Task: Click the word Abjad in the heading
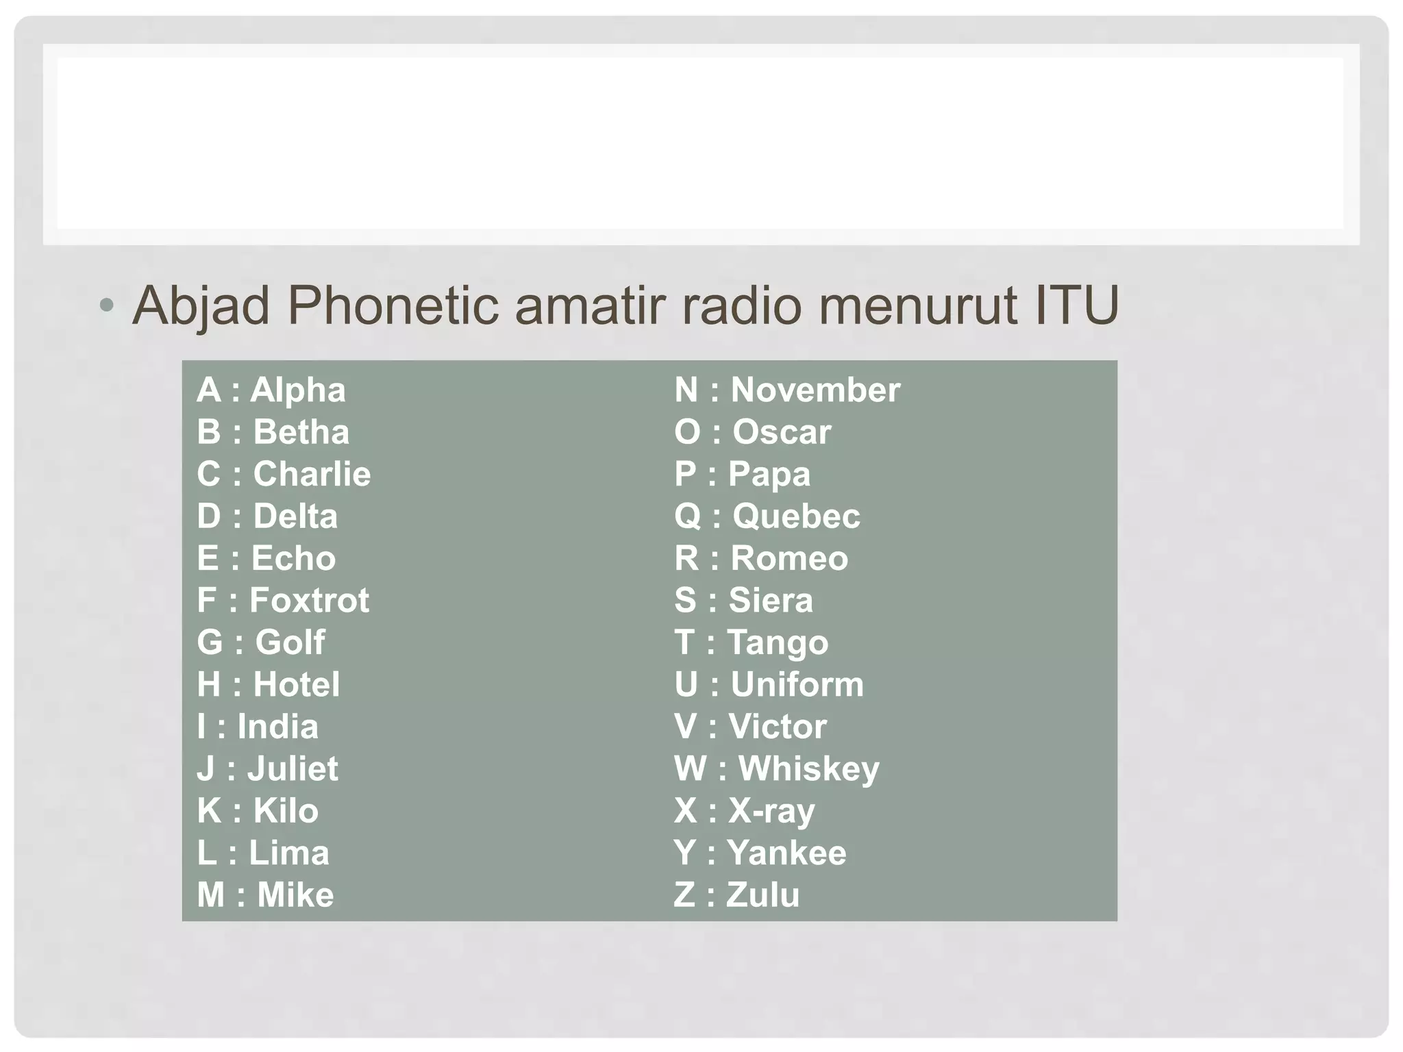[x=201, y=305]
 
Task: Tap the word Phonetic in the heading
[x=393, y=305]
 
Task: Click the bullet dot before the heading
[x=105, y=306]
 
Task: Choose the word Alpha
[x=298, y=390]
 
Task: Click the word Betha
[x=301, y=432]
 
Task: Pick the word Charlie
[x=312, y=474]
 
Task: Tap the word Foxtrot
[x=309, y=601]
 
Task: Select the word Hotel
[x=297, y=685]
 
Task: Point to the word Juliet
[x=293, y=769]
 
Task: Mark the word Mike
[x=295, y=895]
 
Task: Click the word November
[x=815, y=390]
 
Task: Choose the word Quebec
[x=796, y=516]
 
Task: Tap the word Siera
[x=771, y=601]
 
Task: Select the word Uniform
[x=797, y=685]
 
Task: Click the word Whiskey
[x=808, y=769]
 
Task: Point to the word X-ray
[x=771, y=812]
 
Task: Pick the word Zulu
[x=762, y=895]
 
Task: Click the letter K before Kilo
[x=209, y=811]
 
